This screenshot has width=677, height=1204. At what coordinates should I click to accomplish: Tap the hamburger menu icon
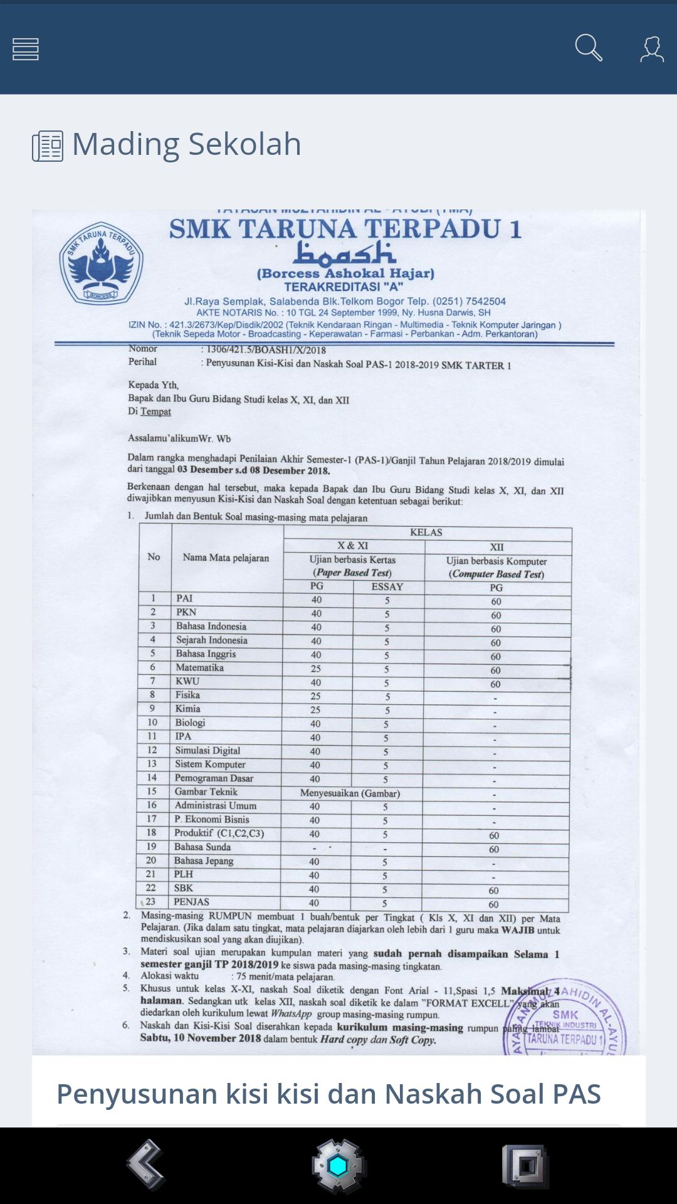pyautogui.click(x=26, y=49)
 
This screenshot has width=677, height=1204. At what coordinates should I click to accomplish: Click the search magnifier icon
pyautogui.click(x=589, y=48)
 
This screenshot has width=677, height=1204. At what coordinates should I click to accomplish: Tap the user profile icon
pyautogui.click(x=651, y=49)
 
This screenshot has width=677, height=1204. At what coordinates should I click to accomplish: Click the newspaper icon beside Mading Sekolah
pyautogui.click(x=48, y=146)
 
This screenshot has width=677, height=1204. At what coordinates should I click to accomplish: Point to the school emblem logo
pyautogui.click(x=101, y=263)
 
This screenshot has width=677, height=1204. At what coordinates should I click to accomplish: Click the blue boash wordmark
pyautogui.click(x=345, y=253)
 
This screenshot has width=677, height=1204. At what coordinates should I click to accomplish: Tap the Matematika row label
pyautogui.click(x=199, y=668)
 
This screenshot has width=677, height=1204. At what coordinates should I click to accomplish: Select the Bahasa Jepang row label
pyautogui.click(x=204, y=861)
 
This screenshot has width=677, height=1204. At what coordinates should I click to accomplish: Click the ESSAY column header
pyautogui.click(x=387, y=587)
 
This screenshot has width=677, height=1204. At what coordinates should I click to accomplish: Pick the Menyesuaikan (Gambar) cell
pyautogui.click(x=350, y=793)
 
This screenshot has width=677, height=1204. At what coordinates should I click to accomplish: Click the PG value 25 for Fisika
pyautogui.click(x=316, y=696)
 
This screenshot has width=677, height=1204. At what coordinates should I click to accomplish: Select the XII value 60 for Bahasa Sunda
pyautogui.click(x=494, y=849)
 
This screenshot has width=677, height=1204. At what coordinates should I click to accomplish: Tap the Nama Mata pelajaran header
pyautogui.click(x=226, y=557)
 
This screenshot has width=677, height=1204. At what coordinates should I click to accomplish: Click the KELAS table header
pyautogui.click(x=426, y=532)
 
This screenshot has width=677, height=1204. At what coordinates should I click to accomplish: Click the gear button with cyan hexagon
pyautogui.click(x=338, y=1166)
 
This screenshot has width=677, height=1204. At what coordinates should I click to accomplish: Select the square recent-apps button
pyautogui.click(x=525, y=1166)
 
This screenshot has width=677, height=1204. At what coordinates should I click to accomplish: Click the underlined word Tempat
pyautogui.click(x=155, y=411)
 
